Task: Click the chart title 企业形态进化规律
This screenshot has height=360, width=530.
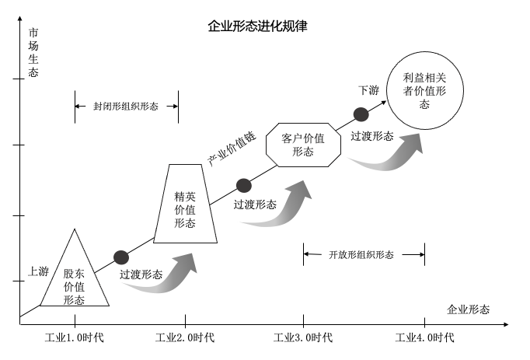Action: tap(257, 26)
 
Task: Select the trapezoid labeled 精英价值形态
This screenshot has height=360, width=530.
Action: tap(185, 204)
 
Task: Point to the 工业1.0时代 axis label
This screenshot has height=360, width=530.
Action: tap(75, 337)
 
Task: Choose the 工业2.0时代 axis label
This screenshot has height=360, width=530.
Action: tap(185, 337)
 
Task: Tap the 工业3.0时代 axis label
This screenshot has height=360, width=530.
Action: tap(304, 337)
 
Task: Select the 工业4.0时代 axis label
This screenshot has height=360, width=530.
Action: tap(424, 337)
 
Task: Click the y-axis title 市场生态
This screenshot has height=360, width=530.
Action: tap(33, 53)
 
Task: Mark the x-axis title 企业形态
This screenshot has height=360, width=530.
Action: tap(469, 309)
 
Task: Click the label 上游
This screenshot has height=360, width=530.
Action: tap(38, 271)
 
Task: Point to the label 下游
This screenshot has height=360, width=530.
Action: tap(368, 91)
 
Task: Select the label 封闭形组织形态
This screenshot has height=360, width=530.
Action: tap(125, 107)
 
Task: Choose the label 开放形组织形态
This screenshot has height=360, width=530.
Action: tap(361, 254)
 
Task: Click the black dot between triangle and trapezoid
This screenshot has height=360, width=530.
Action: tap(121, 257)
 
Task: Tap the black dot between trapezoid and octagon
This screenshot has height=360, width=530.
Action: tap(244, 186)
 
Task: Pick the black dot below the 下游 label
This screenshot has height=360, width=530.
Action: tap(361, 114)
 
